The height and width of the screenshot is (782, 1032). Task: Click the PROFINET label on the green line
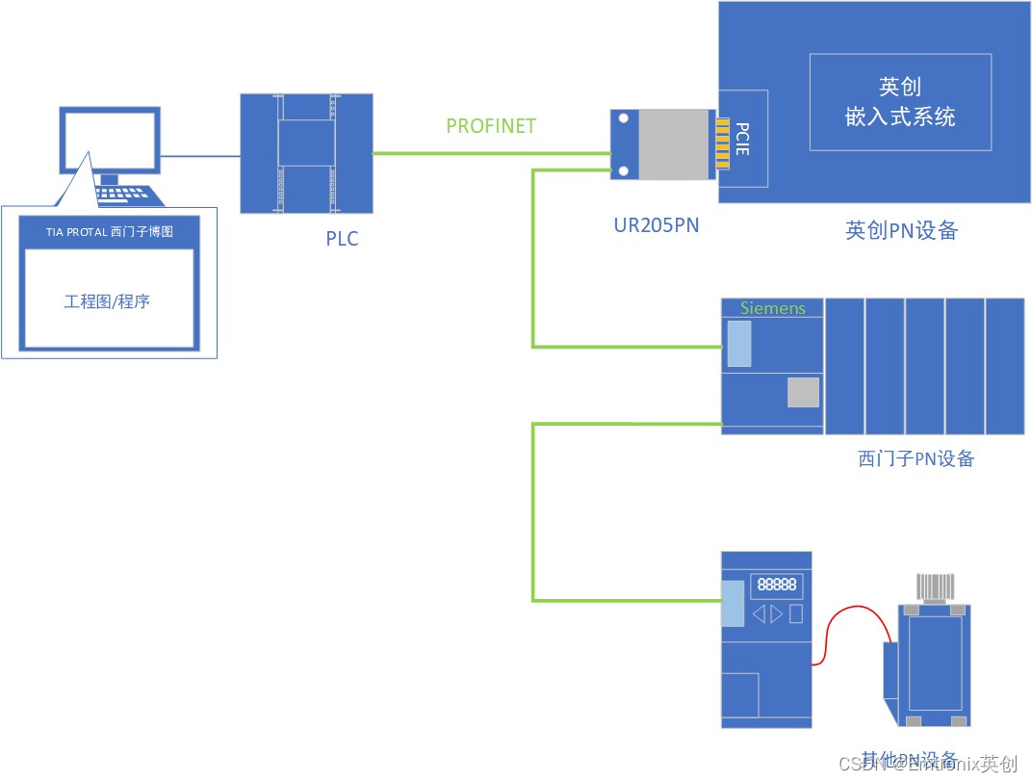coord(491,126)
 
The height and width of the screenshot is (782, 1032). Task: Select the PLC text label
coord(342,239)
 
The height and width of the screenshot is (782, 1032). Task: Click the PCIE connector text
coord(742,138)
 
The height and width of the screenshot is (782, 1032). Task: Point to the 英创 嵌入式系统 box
coord(900,102)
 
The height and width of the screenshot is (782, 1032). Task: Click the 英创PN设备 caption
coord(901,231)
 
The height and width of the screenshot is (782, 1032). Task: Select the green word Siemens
coord(772,308)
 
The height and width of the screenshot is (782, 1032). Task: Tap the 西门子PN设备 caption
coord(916,458)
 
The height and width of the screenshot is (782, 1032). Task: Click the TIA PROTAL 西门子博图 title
coord(110,232)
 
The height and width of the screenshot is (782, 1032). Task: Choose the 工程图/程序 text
coord(107,301)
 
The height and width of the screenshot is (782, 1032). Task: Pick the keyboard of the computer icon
coord(125,194)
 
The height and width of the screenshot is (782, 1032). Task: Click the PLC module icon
coord(306,153)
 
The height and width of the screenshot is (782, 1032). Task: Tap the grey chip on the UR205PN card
coord(673,144)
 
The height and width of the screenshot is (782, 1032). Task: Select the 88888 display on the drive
coord(777,584)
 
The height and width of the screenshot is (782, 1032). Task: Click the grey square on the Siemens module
coord(803,392)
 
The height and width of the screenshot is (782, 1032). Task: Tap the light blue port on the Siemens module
coord(738,344)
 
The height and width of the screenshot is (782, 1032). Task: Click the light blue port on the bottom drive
coord(733,604)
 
